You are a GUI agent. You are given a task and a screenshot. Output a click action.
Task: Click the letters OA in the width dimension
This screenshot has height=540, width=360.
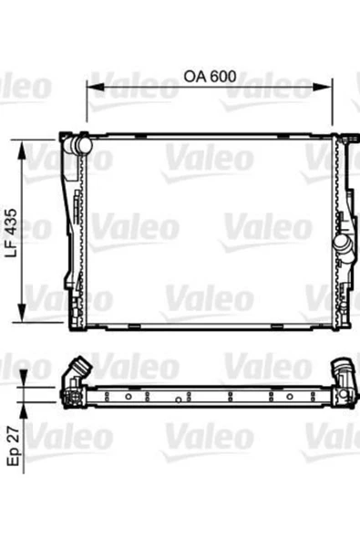click(195, 76)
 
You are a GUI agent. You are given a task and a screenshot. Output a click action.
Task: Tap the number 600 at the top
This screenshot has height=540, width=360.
click(223, 76)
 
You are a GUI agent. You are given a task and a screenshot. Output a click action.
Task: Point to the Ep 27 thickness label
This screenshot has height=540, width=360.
click(14, 446)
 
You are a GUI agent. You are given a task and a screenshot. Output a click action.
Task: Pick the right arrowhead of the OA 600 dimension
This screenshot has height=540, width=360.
click(323, 87)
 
